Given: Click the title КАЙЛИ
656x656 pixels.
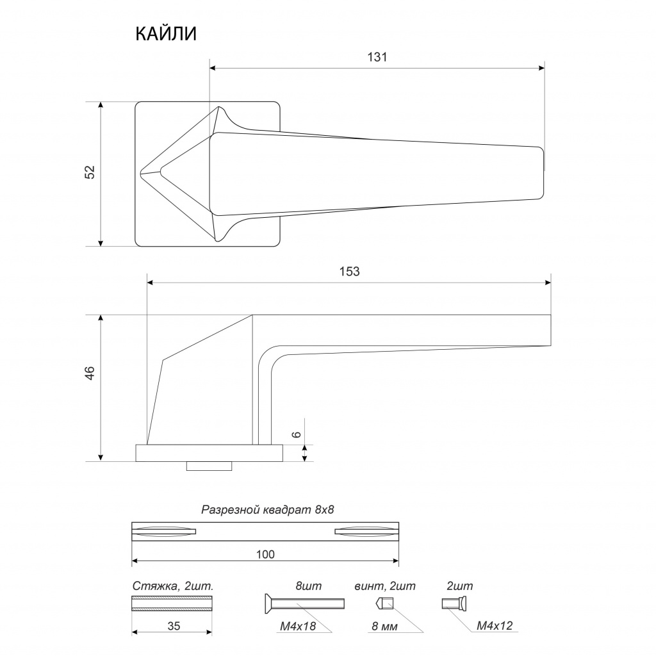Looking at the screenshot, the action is (x=166, y=34).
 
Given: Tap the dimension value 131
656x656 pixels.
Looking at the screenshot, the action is (x=377, y=57).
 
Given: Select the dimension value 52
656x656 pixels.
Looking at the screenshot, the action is (x=90, y=172).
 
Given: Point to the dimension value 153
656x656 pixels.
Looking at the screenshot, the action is (x=349, y=272).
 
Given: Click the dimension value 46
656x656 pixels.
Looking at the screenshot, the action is (x=90, y=373).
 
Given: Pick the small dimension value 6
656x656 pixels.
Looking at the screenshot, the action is (x=296, y=434).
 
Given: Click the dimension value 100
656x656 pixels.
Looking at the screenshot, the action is (x=265, y=554).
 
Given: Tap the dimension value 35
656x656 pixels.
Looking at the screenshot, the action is (x=174, y=626).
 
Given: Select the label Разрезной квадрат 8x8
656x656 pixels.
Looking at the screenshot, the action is (x=268, y=509).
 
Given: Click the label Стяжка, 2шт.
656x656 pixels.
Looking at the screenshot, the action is (x=173, y=586).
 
